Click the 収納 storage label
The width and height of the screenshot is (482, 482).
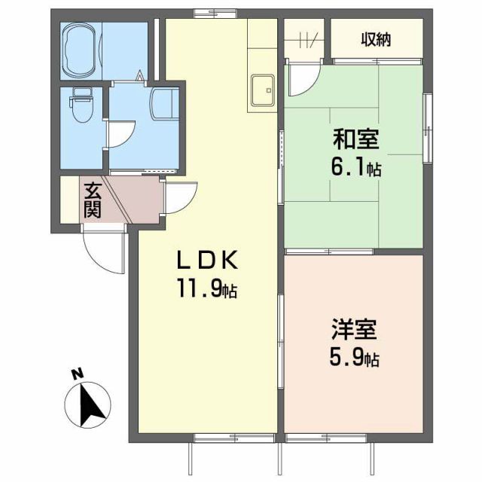(x=374, y=40)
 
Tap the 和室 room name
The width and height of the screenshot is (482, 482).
(x=355, y=139)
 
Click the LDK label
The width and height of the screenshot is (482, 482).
(x=207, y=261)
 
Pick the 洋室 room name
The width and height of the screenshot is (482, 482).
(x=355, y=331)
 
